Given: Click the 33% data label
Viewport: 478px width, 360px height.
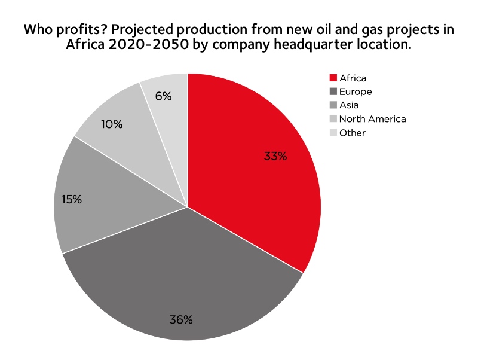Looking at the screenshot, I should [275, 157].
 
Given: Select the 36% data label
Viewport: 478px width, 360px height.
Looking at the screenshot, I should [181, 319].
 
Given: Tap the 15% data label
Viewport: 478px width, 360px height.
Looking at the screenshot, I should [72, 199].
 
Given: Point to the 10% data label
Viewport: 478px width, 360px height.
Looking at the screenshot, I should [112, 124].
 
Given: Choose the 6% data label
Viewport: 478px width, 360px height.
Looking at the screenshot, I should [163, 96].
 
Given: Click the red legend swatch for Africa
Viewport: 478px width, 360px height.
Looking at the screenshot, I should [333, 78].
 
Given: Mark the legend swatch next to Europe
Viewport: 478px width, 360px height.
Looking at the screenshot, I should [333, 92].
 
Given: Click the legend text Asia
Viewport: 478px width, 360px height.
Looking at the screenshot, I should [349, 105].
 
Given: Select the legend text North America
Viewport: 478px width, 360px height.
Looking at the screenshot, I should [372, 119].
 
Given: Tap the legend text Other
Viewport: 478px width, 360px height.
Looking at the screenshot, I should [352, 133].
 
